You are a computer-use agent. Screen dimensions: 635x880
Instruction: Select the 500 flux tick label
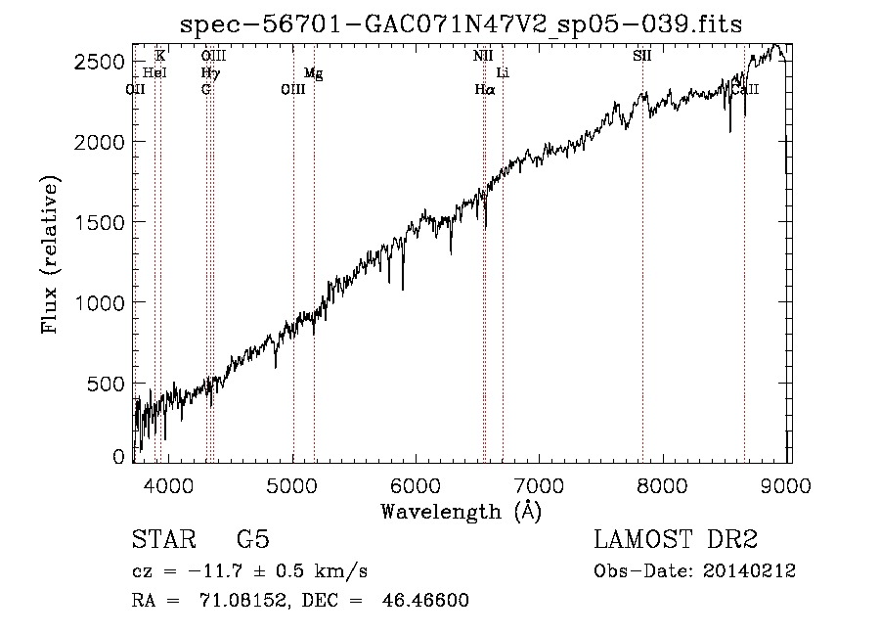click(x=110, y=383)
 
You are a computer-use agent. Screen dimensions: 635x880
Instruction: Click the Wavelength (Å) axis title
click(x=461, y=510)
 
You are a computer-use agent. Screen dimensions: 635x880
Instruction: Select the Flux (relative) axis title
click(x=51, y=253)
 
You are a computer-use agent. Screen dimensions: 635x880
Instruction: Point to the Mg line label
click(x=312, y=73)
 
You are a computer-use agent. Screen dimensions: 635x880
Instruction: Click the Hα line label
click(x=485, y=89)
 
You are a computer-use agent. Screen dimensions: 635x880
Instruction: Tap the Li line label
click(x=503, y=73)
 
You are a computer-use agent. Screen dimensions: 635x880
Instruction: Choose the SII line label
click(x=641, y=57)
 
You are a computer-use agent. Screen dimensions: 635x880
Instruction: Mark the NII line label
click(x=483, y=57)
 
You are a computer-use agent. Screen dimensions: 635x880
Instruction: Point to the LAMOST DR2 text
click(x=676, y=540)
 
